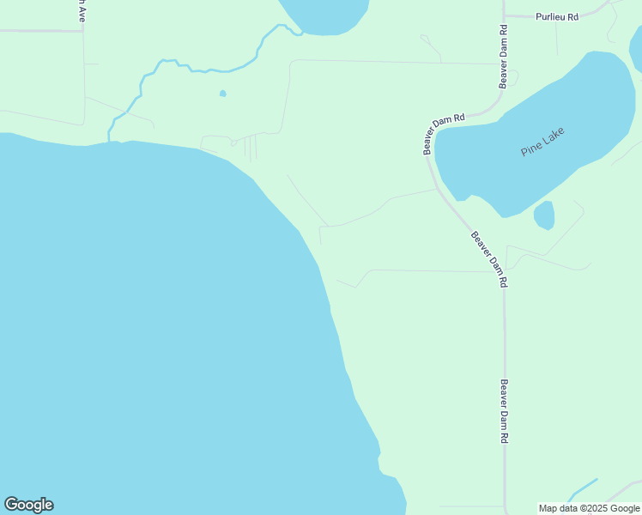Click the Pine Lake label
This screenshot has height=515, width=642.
[544, 142]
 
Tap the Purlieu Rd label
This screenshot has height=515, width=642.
[558, 16]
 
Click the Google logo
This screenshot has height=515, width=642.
[28, 505]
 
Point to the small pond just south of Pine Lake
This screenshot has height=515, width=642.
[544, 215]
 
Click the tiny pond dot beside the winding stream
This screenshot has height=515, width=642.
[223, 93]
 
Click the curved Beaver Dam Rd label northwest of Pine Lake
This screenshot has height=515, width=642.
[444, 134]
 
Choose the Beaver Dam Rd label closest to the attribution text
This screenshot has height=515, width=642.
[504, 411]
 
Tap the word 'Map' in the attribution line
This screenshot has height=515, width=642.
[548, 508]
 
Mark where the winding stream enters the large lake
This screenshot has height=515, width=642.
[111, 139]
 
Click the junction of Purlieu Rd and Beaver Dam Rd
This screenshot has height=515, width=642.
[505, 16]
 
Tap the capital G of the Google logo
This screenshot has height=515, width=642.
[10, 505]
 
